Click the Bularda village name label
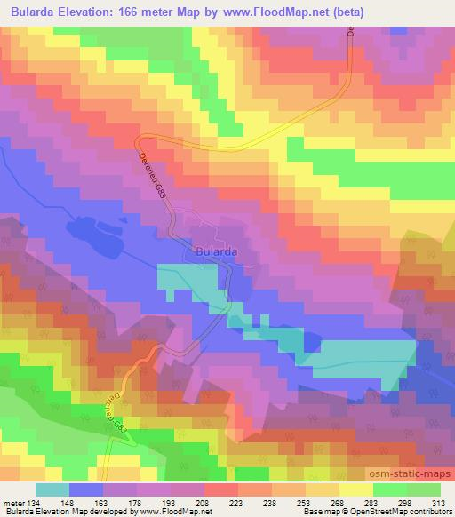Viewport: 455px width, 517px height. (212, 251)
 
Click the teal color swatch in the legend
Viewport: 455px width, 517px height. (52, 489)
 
